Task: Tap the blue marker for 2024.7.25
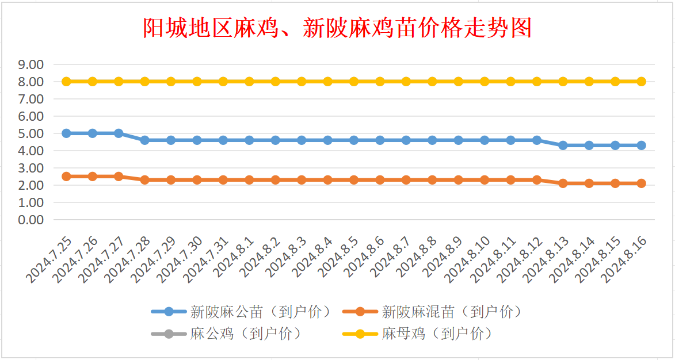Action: [x=66, y=133]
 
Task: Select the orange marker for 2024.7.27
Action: [x=119, y=177]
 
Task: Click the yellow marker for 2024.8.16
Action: [x=641, y=82]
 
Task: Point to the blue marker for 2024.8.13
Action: [x=563, y=145]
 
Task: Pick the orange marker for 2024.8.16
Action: [x=641, y=183]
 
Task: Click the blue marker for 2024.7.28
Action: [x=144, y=140]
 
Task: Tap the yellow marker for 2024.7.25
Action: [x=66, y=82]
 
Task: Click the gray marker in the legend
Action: [x=169, y=334]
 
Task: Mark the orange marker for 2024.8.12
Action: [x=537, y=180]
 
